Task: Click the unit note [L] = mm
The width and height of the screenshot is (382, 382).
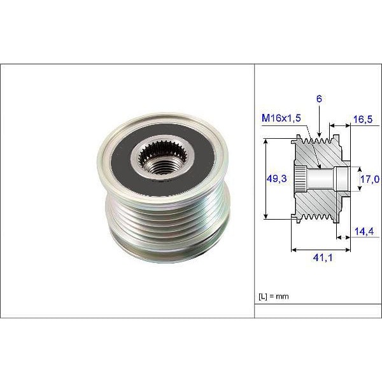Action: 276,297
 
